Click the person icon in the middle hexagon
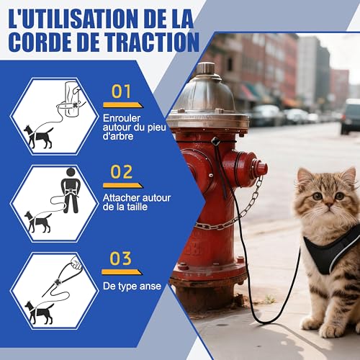tap(70, 189)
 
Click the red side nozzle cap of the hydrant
tap(256, 168)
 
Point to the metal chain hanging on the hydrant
tap(245, 209)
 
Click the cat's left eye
tap(340, 196)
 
